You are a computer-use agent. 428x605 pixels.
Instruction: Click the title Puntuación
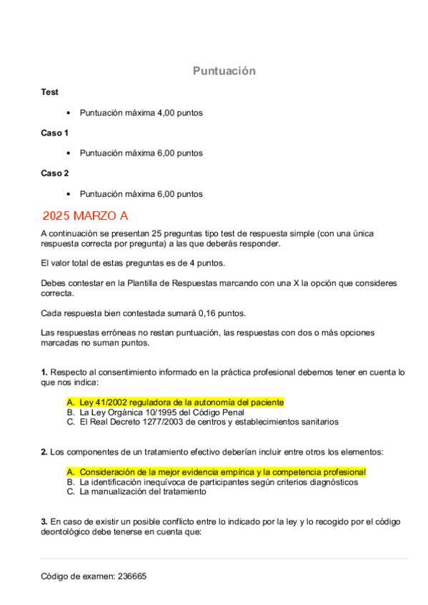(x=224, y=71)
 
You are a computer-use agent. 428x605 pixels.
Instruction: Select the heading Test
(x=49, y=92)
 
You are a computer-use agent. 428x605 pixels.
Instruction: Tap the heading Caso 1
(x=54, y=133)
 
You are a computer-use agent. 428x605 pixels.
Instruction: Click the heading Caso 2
(x=54, y=173)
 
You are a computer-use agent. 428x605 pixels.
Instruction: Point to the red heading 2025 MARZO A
(x=85, y=215)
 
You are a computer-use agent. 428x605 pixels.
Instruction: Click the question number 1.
(x=44, y=372)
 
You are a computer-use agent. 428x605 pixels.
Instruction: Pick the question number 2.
(x=44, y=452)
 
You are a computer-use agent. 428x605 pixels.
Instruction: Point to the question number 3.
(x=44, y=522)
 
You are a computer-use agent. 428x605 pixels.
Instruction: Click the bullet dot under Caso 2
(x=68, y=194)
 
